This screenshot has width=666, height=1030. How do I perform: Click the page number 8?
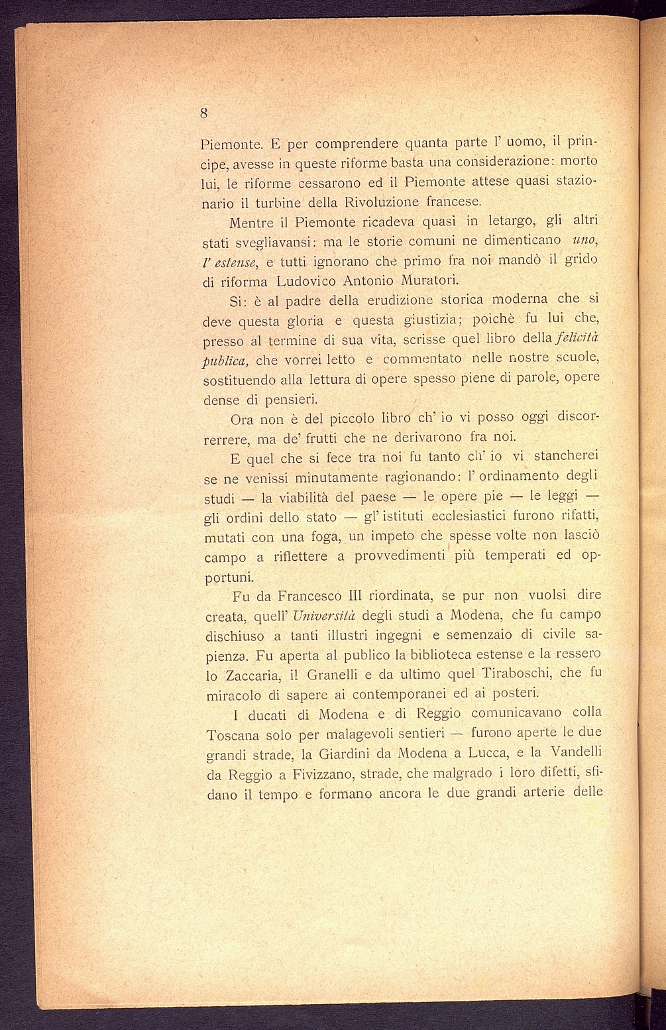pos(204,113)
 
